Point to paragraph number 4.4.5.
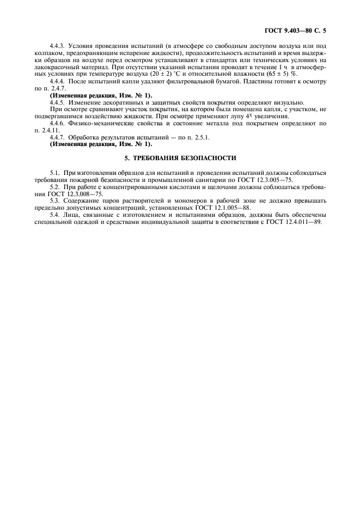point(58,102)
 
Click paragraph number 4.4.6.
point(58,124)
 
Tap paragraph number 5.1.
point(54,173)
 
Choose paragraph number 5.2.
point(54,186)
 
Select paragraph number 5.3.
point(54,201)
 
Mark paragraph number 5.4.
point(54,215)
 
